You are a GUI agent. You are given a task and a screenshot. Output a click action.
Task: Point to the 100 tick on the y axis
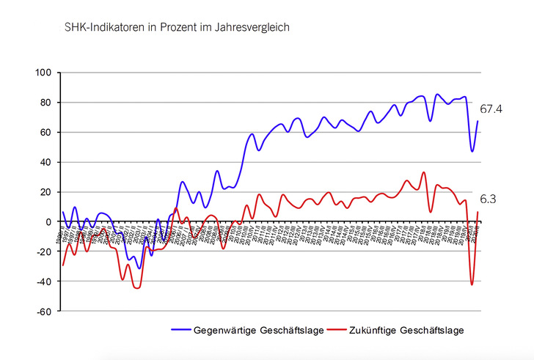tap(43, 73)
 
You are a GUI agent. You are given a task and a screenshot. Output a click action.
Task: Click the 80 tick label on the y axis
tap(45, 103)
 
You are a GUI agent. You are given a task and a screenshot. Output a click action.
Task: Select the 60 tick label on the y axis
tap(45, 133)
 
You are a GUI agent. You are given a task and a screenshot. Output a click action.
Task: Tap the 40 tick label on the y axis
tap(45, 162)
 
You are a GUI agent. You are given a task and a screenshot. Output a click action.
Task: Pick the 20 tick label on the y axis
tap(45, 192)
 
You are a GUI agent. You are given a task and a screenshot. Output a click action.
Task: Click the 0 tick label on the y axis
tap(48, 221)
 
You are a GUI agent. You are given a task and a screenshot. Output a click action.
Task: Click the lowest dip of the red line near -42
tap(472, 284)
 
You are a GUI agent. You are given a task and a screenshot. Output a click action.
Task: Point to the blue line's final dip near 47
tap(472, 151)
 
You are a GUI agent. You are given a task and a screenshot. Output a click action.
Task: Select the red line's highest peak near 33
tap(424, 173)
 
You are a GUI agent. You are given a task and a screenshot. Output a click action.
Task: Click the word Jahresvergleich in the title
tap(256, 27)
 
